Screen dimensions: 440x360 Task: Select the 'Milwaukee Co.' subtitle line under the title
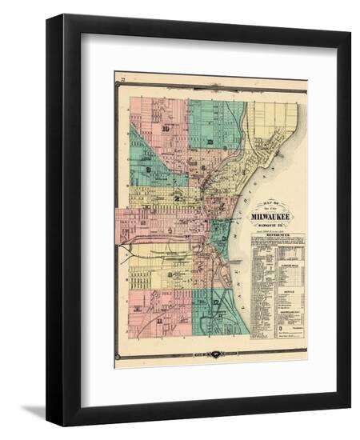273,225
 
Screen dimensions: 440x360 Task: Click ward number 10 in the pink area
165,129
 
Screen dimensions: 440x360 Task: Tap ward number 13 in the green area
210,142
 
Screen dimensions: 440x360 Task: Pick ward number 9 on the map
149,170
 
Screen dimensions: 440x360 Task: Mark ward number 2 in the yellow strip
178,198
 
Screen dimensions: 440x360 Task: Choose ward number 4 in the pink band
170,230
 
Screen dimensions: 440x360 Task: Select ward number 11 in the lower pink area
160,321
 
